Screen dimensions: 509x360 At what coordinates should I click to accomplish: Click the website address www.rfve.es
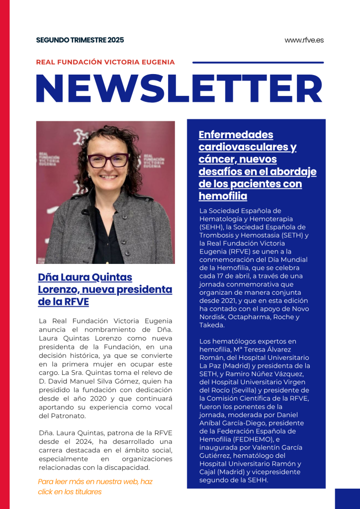tap(304, 40)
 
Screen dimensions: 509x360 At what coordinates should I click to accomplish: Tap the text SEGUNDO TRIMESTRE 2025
tap(80, 40)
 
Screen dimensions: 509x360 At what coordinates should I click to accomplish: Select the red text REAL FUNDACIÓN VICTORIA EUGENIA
tap(105, 62)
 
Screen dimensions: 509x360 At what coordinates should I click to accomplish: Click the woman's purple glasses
tap(108, 160)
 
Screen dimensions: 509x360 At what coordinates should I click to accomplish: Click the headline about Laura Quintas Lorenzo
tap(105, 289)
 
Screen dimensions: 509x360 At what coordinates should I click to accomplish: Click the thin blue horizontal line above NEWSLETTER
tap(258, 63)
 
